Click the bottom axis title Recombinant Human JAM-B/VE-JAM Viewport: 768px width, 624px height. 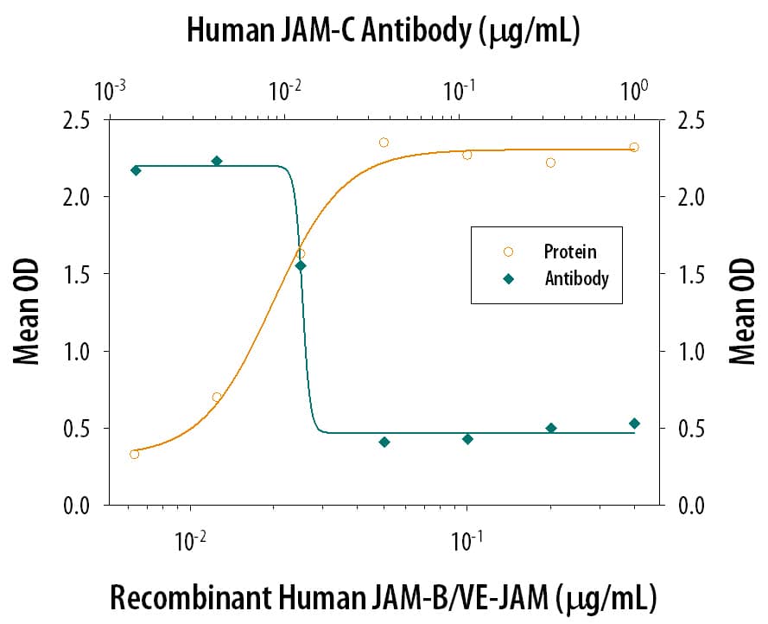(383, 596)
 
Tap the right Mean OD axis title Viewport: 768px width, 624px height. (740, 313)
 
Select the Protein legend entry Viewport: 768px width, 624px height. (569, 252)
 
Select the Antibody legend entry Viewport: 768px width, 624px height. (576, 278)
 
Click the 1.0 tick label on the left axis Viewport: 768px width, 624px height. (79, 351)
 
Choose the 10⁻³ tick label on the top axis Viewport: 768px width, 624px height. (110, 88)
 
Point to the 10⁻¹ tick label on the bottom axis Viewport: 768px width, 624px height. (467, 541)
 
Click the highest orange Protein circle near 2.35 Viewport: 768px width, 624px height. (384, 143)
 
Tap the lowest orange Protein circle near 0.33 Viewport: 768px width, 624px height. (134, 454)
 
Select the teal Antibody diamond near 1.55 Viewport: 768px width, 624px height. (301, 265)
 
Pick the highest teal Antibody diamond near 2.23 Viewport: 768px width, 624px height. (217, 161)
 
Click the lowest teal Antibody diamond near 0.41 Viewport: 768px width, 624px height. (384, 442)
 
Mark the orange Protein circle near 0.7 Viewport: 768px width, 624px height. (217, 397)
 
